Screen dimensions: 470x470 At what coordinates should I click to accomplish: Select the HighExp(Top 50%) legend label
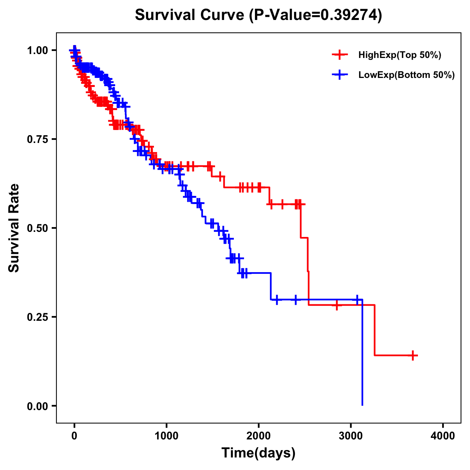[399, 55]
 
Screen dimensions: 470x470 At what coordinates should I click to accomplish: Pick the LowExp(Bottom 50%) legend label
[407, 75]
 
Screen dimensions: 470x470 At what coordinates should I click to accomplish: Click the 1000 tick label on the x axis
[166, 436]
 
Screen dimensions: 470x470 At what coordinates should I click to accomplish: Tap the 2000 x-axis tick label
[258, 436]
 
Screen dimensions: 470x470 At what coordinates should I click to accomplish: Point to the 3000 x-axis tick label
[351, 436]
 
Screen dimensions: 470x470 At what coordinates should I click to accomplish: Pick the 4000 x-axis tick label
[443, 436]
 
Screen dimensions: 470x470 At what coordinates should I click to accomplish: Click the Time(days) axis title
[258, 453]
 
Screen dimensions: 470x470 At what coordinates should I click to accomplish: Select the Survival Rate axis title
[14, 228]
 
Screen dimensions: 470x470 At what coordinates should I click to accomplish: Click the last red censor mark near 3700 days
[413, 355]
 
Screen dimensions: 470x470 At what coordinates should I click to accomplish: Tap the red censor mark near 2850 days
[336, 305]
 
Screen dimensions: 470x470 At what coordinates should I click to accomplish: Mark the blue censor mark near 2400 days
[295, 300]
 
